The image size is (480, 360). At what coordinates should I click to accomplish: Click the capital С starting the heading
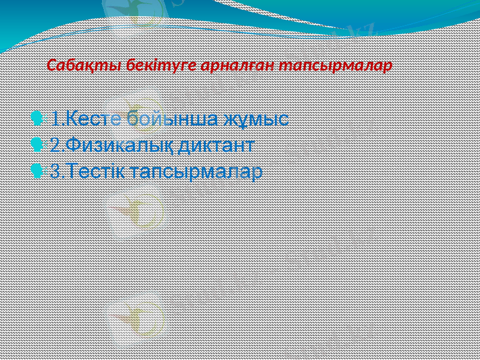(x=52, y=65)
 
